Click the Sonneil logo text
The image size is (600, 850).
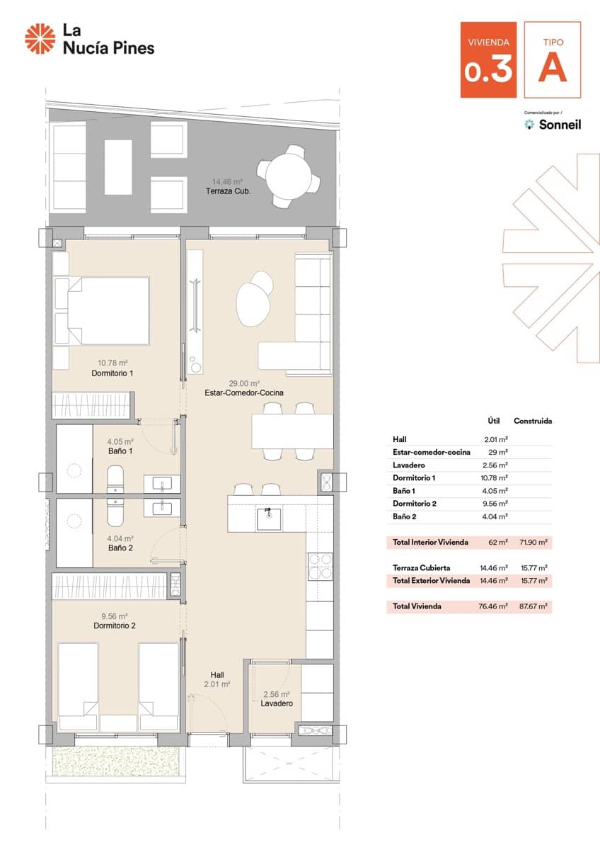(x=560, y=125)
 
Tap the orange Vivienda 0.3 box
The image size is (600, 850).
(x=488, y=59)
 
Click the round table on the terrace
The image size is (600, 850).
(x=289, y=176)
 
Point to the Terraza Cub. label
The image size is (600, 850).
(x=228, y=191)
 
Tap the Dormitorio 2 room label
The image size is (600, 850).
(x=115, y=625)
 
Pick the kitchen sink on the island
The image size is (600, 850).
(x=269, y=519)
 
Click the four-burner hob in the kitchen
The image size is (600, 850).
(x=320, y=567)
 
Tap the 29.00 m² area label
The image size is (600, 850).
(x=244, y=383)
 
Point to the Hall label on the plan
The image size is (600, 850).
(x=217, y=674)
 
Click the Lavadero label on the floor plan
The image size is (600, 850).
(x=277, y=703)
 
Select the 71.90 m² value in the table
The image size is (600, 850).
(x=533, y=543)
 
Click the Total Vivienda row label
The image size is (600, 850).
(x=417, y=606)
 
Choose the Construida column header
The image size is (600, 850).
(x=533, y=421)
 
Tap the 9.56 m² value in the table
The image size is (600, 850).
(x=495, y=504)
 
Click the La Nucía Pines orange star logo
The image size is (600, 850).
(x=40, y=38)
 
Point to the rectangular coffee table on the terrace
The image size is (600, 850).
(x=118, y=167)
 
